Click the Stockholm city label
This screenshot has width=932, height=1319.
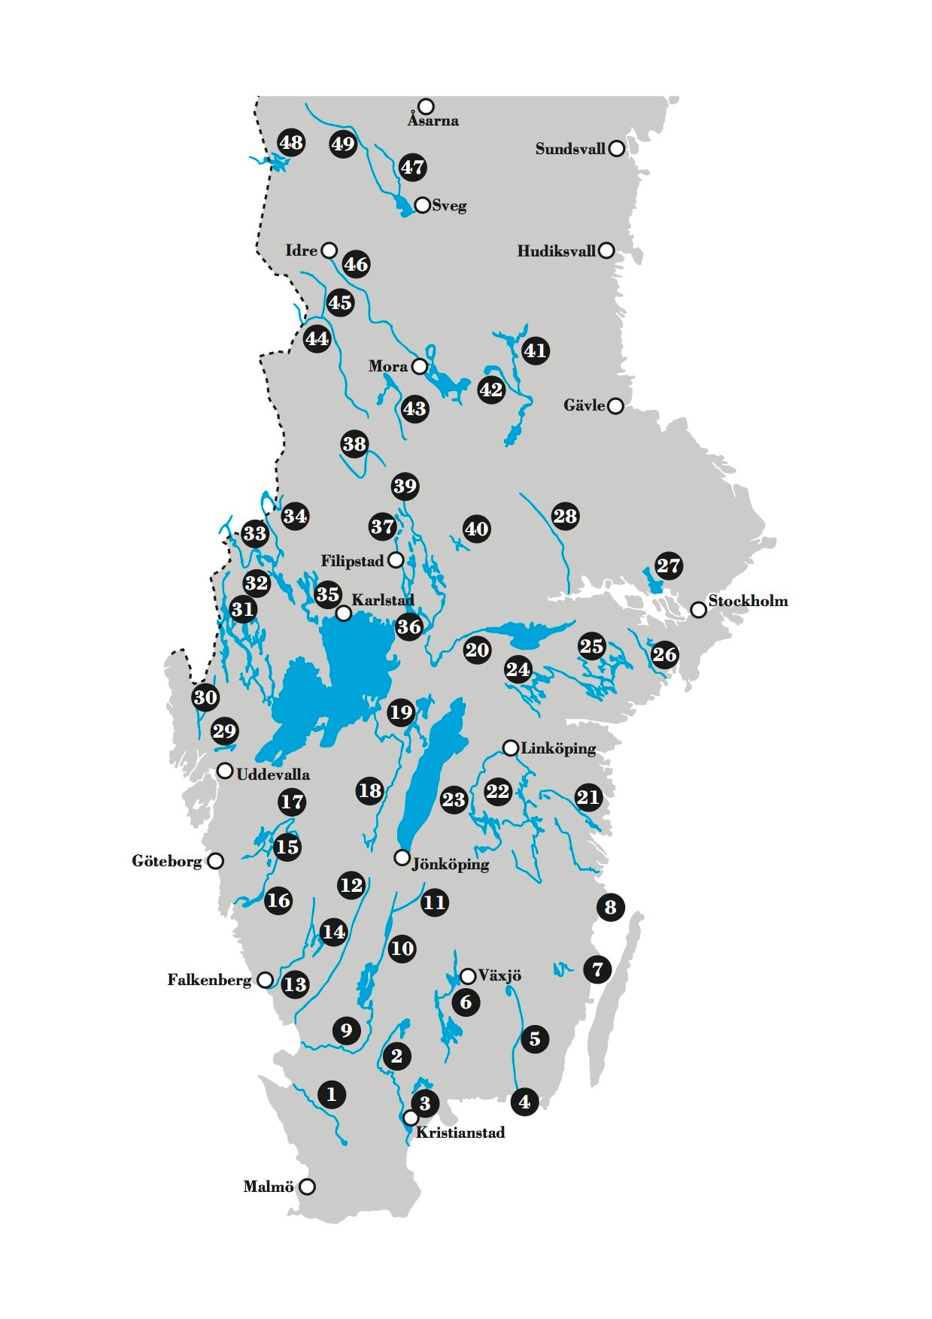pyautogui.click(x=748, y=601)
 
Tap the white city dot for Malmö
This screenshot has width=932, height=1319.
pyautogui.click(x=307, y=1187)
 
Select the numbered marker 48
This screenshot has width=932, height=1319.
pyautogui.click(x=291, y=142)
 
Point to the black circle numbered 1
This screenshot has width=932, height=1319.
pyautogui.click(x=332, y=1094)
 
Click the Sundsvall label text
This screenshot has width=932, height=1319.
pyautogui.click(x=570, y=149)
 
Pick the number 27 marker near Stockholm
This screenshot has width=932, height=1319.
pyautogui.click(x=668, y=566)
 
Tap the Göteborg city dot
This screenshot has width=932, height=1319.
pyautogui.click(x=215, y=861)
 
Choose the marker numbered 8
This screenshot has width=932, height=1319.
pyautogui.click(x=610, y=907)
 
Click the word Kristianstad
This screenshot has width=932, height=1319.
pyautogui.click(x=460, y=1133)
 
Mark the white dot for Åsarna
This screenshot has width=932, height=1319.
pyautogui.click(x=427, y=106)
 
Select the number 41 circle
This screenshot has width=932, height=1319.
pyautogui.click(x=535, y=350)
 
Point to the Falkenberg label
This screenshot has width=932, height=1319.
pyautogui.click(x=209, y=980)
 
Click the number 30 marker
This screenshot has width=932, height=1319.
pyautogui.click(x=205, y=697)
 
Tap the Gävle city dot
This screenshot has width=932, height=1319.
pyautogui.click(x=615, y=406)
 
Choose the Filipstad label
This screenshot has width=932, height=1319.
pyautogui.click(x=352, y=561)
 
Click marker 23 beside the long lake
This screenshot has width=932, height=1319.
pyautogui.click(x=454, y=799)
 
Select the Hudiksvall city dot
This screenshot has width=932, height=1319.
pyautogui.click(x=606, y=250)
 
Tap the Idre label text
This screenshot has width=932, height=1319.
pyautogui.click(x=301, y=250)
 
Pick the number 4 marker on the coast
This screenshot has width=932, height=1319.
pyautogui.click(x=524, y=1102)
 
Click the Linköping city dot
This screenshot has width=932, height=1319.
pyautogui.click(x=510, y=747)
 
